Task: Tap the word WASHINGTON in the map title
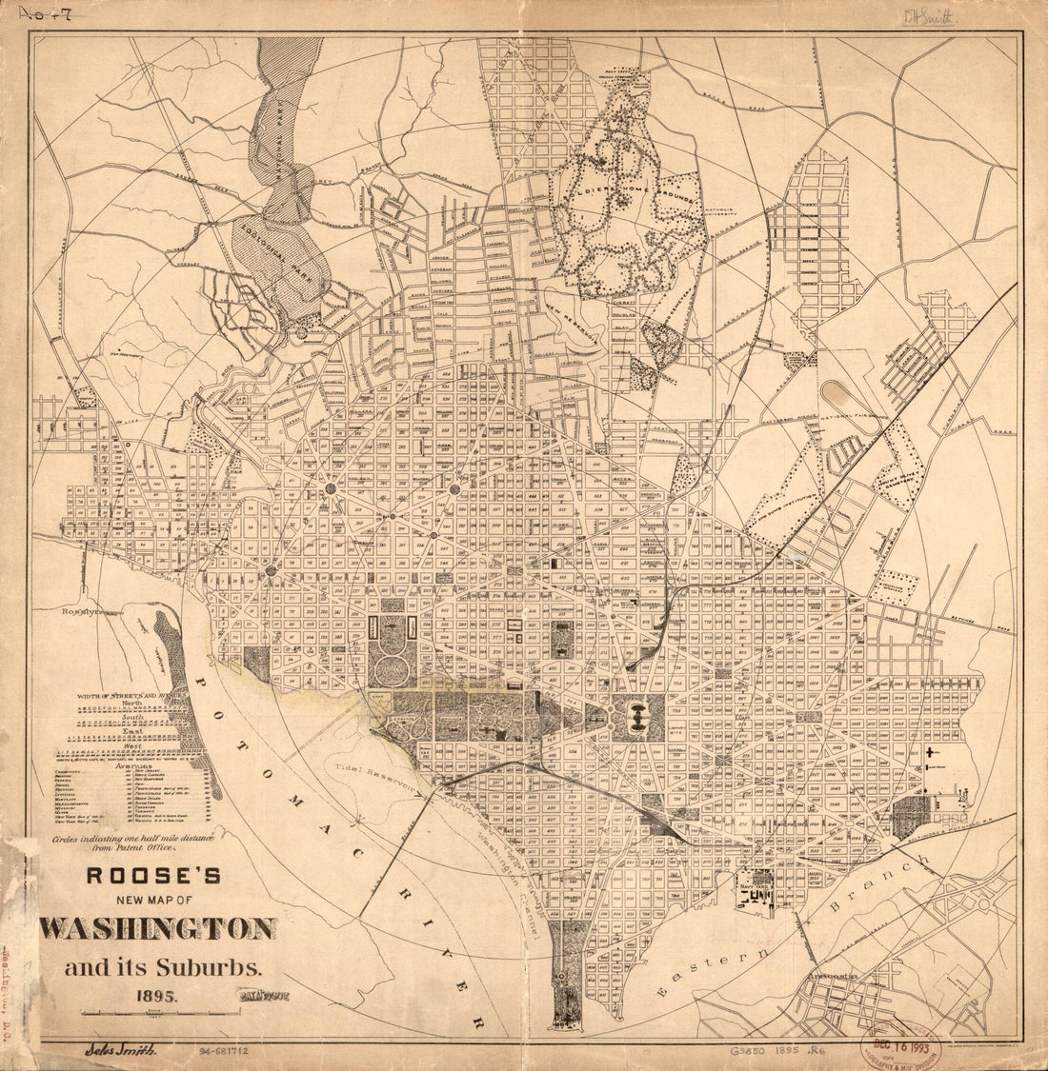159,928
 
